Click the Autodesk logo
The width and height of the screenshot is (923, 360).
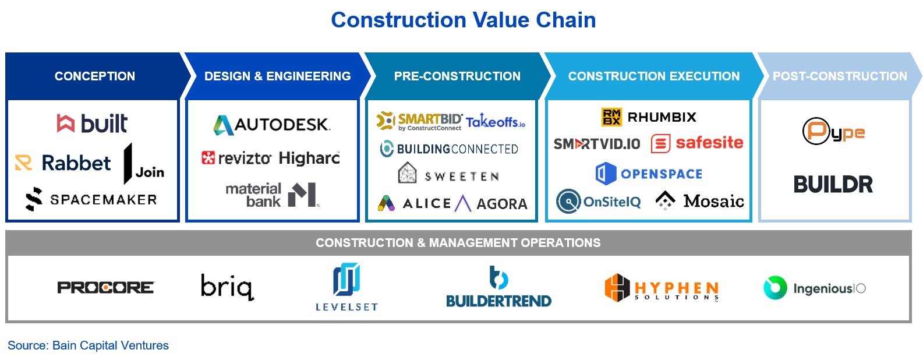click(272, 125)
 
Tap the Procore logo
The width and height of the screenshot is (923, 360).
click(105, 287)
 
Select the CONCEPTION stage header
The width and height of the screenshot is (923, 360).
click(95, 76)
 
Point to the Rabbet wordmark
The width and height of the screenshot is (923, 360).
click(76, 163)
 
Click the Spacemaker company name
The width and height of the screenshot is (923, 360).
click(104, 200)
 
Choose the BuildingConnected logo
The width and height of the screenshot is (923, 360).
click(449, 149)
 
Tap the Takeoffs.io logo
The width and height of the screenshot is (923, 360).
click(496, 121)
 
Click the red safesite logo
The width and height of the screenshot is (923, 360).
click(697, 143)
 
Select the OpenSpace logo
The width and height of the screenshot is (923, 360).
click(649, 174)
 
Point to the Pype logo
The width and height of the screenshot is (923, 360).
click(833, 131)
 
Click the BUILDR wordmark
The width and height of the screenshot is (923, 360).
click(833, 184)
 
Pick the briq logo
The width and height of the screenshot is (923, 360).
click(227, 287)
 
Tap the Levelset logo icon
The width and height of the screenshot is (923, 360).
click(346, 279)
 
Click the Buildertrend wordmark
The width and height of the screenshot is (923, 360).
click(498, 301)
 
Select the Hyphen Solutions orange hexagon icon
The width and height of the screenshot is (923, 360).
click(617, 288)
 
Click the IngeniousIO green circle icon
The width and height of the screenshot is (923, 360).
click(775, 287)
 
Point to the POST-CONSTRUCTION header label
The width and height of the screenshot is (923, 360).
click(840, 76)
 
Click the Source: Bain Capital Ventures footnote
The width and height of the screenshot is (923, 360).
click(88, 345)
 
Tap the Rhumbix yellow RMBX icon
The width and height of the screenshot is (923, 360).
click(611, 117)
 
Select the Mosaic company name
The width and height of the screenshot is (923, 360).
click(714, 201)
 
